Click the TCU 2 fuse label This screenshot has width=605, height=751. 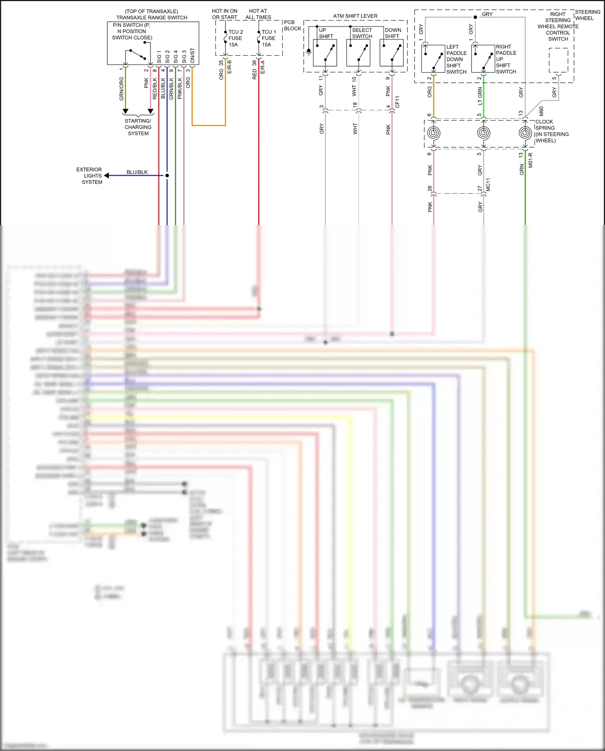(x=235, y=38)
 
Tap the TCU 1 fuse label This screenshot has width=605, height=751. (x=269, y=38)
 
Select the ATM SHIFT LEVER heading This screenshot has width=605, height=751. (x=355, y=16)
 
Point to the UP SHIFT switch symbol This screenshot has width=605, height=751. (x=325, y=53)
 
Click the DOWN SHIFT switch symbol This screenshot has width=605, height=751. (x=392, y=53)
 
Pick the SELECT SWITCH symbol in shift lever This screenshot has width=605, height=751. (x=359, y=53)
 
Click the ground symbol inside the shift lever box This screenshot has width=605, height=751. (x=309, y=51)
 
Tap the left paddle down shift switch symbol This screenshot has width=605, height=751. (x=433, y=59)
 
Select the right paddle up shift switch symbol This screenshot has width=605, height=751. (x=483, y=59)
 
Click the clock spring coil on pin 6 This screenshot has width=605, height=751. (x=434, y=133)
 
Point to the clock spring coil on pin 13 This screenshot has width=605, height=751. (x=525, y=133)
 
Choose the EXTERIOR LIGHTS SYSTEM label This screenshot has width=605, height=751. (x=90, y=176)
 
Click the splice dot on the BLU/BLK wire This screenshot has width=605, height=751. (x=167, y=176)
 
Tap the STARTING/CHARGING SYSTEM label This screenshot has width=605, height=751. (x=138, y=127)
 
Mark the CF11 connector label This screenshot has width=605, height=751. (x=397, y=102)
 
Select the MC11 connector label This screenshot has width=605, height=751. (x=488, y=184)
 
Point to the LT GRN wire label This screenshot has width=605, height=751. (x=480, y=96)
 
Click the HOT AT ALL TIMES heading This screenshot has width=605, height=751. (x=258, y=14)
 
